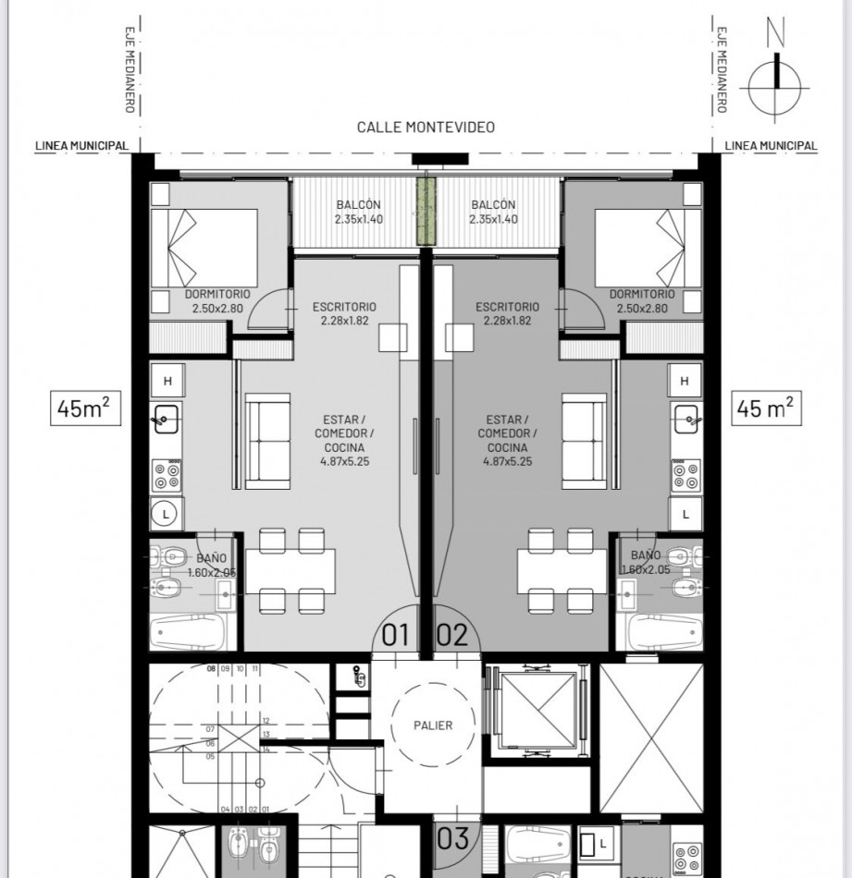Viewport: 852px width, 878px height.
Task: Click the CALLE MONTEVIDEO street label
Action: pyautogui.click(x=426, y=128)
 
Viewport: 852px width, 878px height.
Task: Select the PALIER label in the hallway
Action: pyautogui.click(x=433, y=726)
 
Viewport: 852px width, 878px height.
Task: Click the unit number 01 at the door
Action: pyautogui.click(x=395, y=636)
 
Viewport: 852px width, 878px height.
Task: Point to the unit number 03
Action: pyautogui.click(x=453, y=839)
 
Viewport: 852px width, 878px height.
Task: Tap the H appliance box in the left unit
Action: pyautogui.click(x=167, y=381)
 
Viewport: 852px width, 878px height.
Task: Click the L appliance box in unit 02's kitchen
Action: pyautogui.click(x=685, y=514)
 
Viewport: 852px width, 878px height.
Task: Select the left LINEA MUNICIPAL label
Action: pyautogui.click(x=82, y=146)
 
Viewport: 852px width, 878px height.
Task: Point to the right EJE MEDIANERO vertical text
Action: pyautogui.click(x=721, y=69)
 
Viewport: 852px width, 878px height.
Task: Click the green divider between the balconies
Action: pyautogui.click(x=426, y=212)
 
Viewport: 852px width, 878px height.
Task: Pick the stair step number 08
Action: pyautogui.click(x=211, y=668)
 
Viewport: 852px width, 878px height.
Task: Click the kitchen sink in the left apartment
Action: pyautogui.click(x=167, y=419)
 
